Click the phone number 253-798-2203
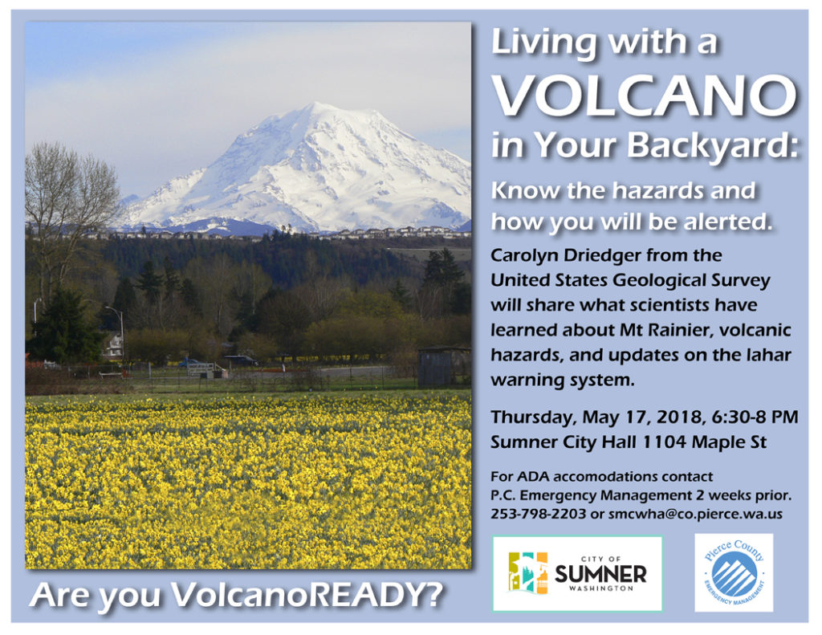coord(538,514)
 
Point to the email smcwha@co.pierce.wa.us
coord(695,514)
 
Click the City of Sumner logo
coord(577,573)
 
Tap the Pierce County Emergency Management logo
coord(734,572)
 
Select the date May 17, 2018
coord(633,417)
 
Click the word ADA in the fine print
coord(529,477)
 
